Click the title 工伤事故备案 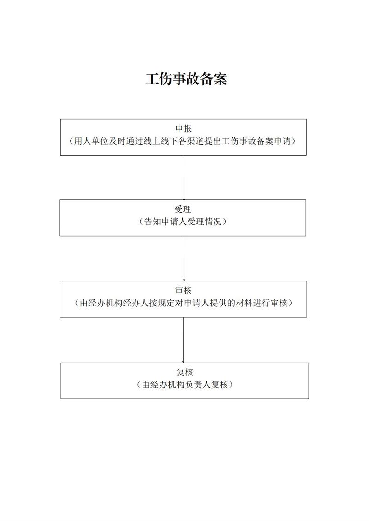tap(186, 79)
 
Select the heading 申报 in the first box tap(184, 129)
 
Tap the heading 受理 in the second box tap(183, 209)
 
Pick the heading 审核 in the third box tap(184, 290)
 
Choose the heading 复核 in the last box tap(184, 372)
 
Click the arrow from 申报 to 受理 tap(184, 177)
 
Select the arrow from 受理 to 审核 tap(184, 258)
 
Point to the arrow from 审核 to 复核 tap(183, 340)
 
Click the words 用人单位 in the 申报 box tap(90, 141)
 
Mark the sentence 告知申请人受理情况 tap(183, 222)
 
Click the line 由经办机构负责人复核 tap(185, 385)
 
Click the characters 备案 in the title tap(214, 79)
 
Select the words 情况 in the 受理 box tap(213, 222)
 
